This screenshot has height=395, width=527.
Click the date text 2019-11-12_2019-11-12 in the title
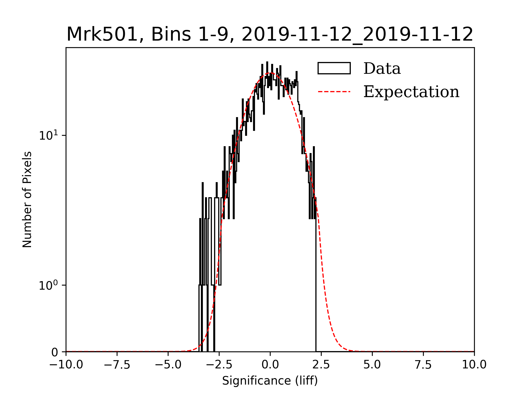coord(357,35)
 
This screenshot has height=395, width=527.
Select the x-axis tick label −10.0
coord(66,365)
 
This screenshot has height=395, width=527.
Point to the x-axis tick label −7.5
coord(117,365)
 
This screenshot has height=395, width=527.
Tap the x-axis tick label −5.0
coord(168,365)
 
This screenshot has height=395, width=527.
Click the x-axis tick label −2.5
coord(219,365)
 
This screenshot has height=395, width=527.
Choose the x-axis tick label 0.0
coord(270,365)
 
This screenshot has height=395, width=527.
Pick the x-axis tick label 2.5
coord(321,365)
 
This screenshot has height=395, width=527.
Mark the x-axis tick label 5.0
coord(372,365)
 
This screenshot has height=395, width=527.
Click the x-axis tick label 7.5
coord(423,365)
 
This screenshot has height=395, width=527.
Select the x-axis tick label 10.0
coord(474,365)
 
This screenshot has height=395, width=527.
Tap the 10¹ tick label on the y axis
coord(49,135)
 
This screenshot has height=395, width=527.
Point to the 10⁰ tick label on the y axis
coord(49,285)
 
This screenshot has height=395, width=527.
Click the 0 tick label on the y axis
coord(55,352)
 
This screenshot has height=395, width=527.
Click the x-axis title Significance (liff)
coord(270,381)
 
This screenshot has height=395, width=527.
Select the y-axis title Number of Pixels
coord(27,199)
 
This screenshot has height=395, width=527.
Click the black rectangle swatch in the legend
coord(334,68)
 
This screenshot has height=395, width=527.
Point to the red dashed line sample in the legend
coord(334,92)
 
